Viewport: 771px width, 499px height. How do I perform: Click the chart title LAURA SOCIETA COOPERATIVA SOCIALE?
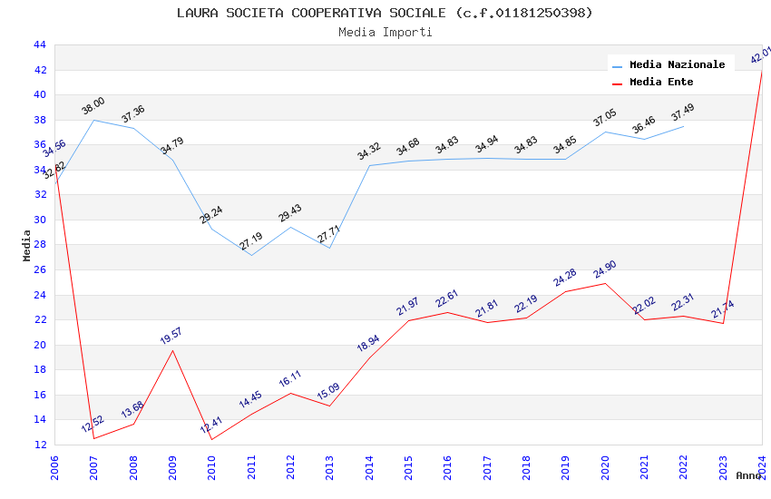[x=385, y=13]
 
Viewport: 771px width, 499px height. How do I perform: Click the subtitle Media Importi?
[x=385, y=33]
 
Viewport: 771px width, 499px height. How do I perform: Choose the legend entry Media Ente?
[x=661, y=83]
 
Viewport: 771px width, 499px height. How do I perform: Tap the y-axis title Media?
[x=27, y=245]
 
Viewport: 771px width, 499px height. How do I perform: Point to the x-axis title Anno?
[x=748, y=475]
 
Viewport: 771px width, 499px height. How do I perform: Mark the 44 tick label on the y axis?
[x=39, y=44]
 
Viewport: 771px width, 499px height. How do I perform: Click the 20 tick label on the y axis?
[x=39, y=345]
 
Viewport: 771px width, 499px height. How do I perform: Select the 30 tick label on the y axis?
[x=39, y=220]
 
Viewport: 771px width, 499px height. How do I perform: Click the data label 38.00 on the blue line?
[x=93, y=106]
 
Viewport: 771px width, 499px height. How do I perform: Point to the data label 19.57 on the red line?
[x=171, y=336]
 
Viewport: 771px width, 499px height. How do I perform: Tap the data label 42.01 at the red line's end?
[x=760, y=55]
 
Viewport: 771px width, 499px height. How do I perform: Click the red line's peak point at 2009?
[x=172, y=350]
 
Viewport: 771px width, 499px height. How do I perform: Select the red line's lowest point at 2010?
[x=212, y=440]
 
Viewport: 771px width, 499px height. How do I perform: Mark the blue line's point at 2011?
[x=251, y=255]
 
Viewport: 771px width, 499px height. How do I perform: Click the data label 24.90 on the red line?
[x=603, y=269]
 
